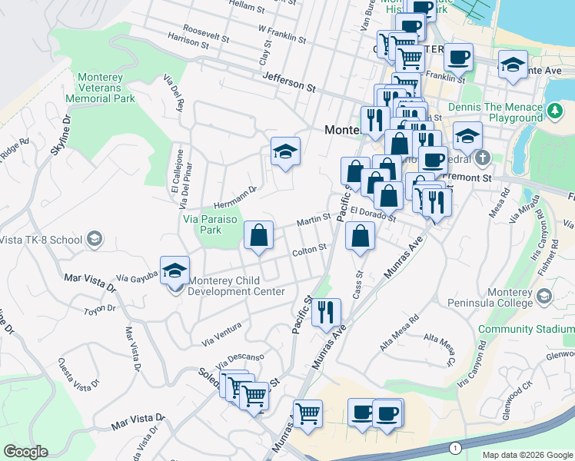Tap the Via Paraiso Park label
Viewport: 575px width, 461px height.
click(209, 224)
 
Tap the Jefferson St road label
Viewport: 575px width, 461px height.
click(289, 82)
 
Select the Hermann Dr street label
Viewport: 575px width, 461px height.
click(235, 192)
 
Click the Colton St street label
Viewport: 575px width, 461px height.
click(310, 249)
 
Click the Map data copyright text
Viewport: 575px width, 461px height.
click(527, 455)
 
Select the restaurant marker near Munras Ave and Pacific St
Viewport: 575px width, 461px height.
click(327, 313)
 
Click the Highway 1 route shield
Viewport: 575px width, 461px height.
click(456, 448)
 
